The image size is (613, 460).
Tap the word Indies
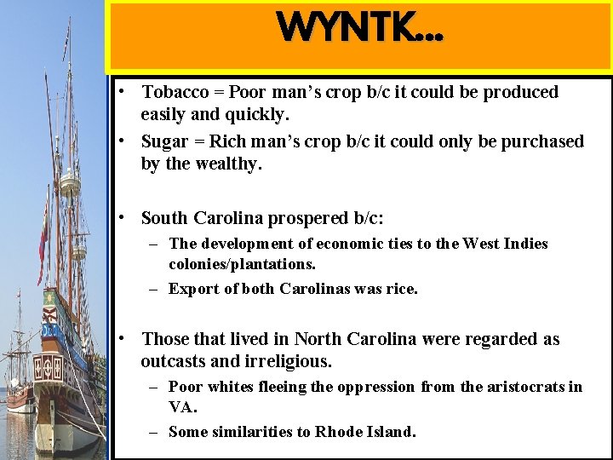tap(524, 244)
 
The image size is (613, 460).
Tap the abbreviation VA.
tap(182, 407)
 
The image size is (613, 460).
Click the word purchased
tap(542, 141)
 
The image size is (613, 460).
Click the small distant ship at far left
tap(19, 358)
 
